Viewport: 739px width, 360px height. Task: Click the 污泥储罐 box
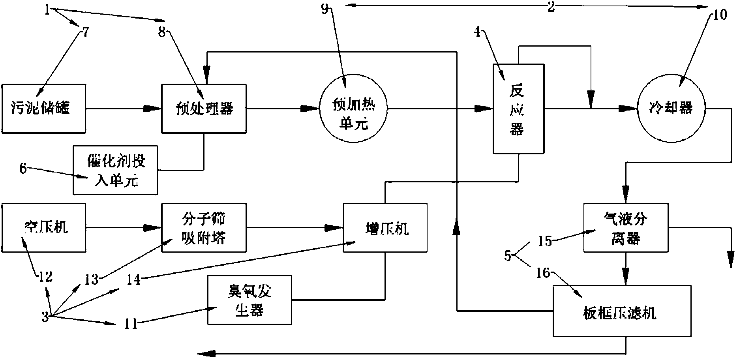pos(44,108)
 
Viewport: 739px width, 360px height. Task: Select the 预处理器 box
pos(204,108)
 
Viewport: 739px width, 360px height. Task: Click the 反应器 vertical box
pos(518,109)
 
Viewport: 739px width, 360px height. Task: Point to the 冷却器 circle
pos(671,108)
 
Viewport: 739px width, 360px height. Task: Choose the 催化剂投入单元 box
pos(115,170)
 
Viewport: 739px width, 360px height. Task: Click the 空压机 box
pos(44,227)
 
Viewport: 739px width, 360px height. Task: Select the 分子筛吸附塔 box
pos(204,227)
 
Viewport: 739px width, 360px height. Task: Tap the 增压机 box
pos(385,227)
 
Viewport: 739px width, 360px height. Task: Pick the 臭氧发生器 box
pos(249,300)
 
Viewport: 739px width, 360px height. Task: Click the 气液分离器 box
pos(626,227)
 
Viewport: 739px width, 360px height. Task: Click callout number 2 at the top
pos(551,6)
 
